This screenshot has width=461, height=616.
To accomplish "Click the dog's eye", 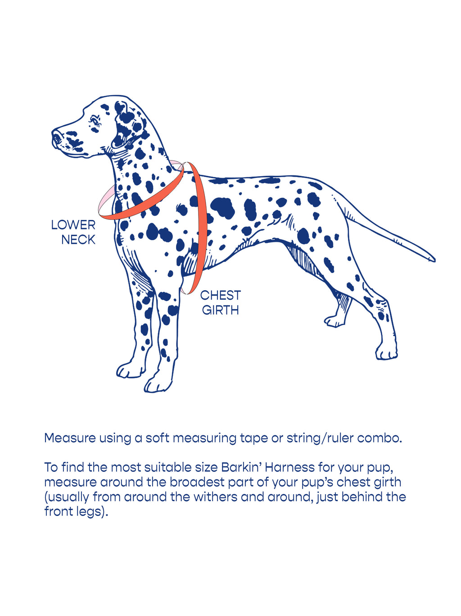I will coord(95,121).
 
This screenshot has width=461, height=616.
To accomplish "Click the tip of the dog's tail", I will coord(432,260).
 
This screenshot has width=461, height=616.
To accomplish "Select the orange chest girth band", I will coord(200,225).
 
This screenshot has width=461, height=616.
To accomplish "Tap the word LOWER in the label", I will coord(73,225).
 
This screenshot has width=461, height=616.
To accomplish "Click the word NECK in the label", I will coord(78,240).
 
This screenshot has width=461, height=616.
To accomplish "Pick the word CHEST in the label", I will coord(221,296).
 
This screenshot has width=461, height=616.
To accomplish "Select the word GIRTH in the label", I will coord(220,310).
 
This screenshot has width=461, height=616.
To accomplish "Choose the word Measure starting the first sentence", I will coord(70,438).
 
